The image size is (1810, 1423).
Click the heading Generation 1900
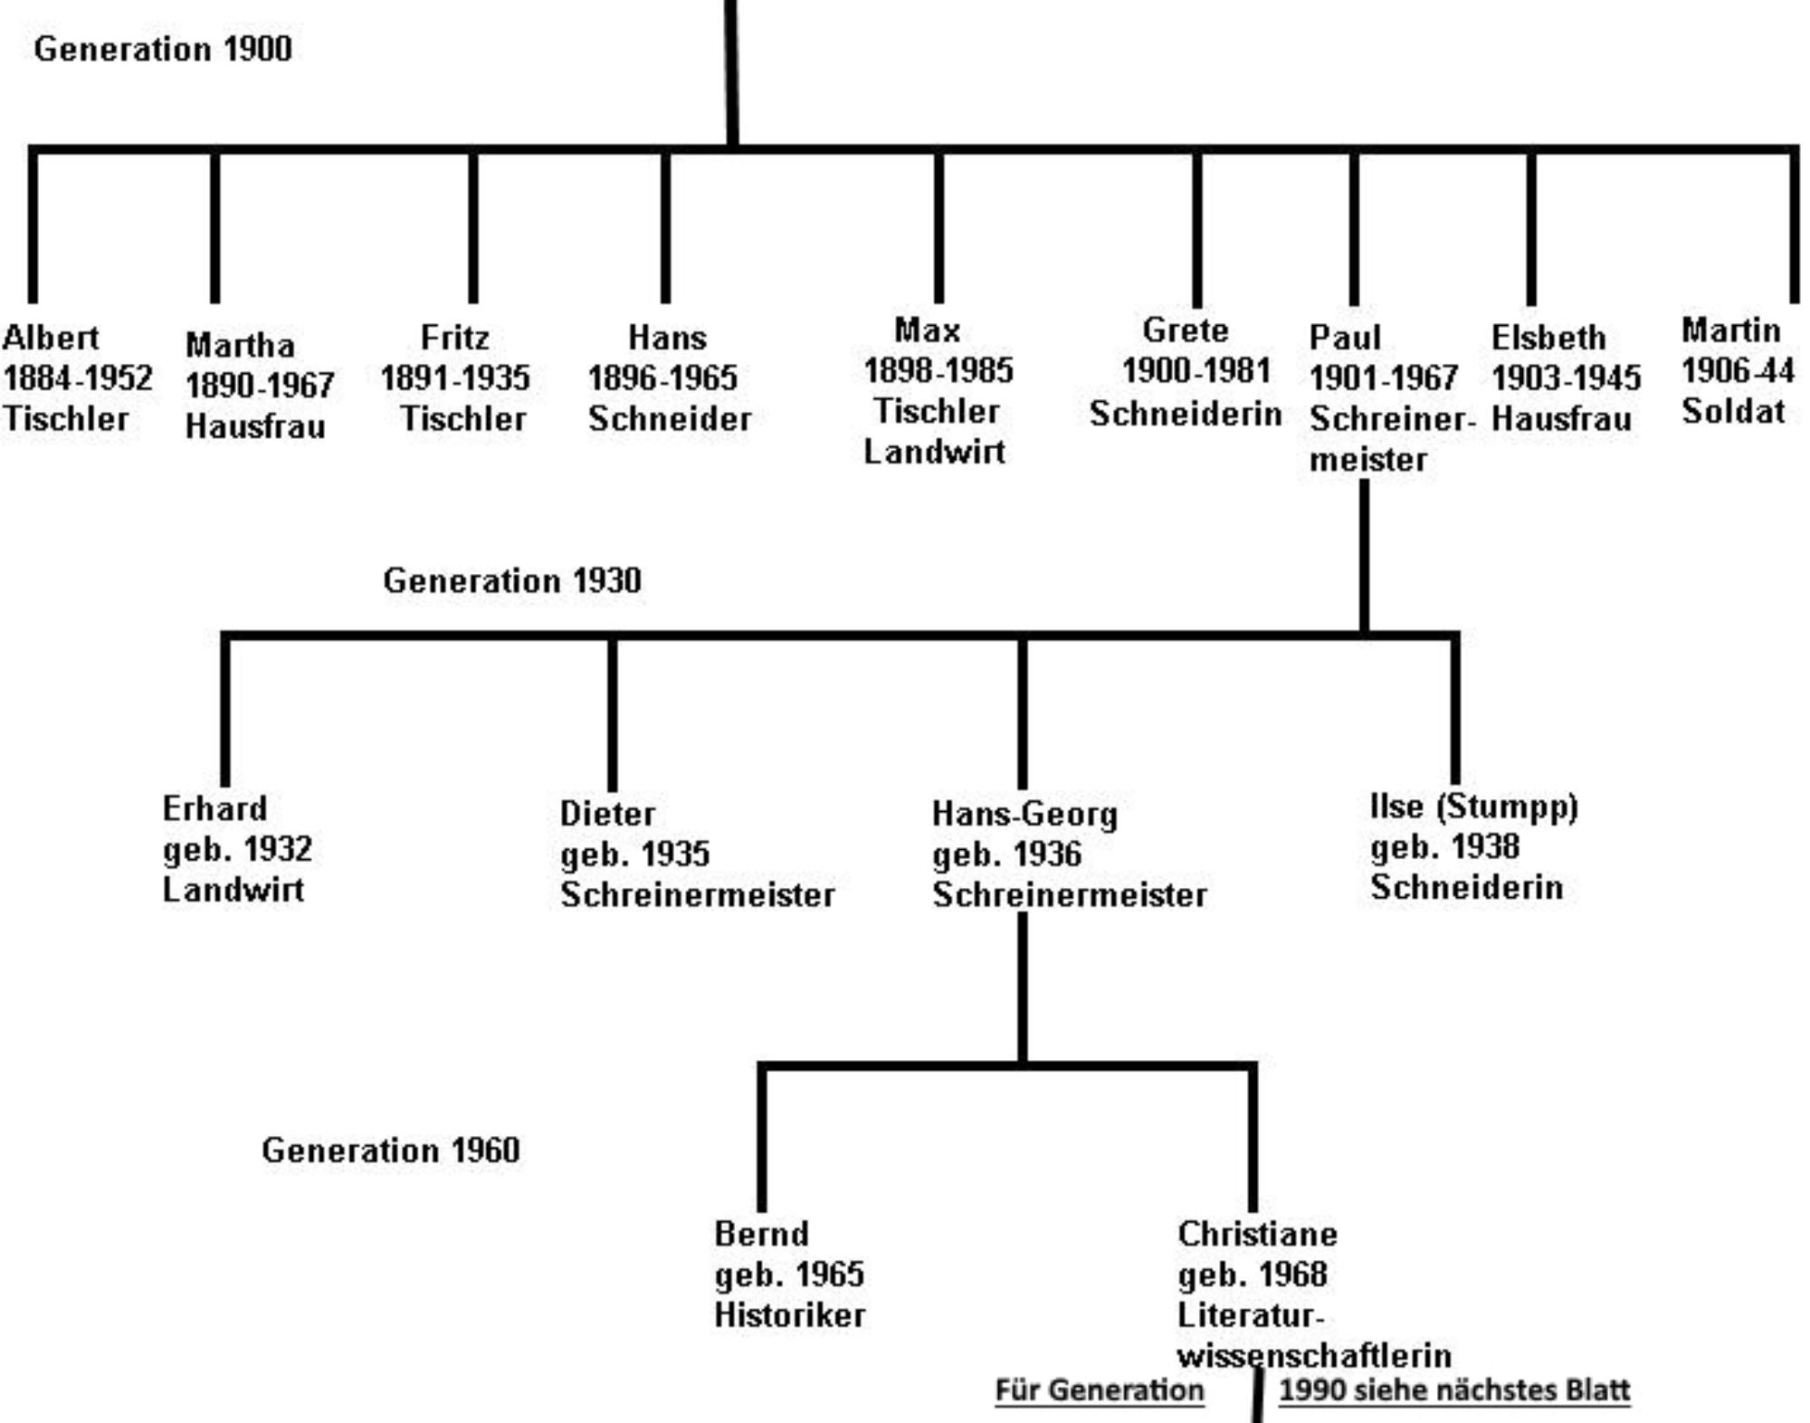(x=163, y=49)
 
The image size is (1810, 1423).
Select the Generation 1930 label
(x=512, y=580)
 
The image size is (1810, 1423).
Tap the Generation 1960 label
(x=391, y=1151)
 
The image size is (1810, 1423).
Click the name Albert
(x=51, y=338)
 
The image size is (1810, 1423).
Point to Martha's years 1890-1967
(x=260, y=386)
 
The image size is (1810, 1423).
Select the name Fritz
(x=455, y=338)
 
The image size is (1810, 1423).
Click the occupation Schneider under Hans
(x=670, y=418)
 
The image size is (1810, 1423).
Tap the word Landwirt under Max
(x=934, y=451)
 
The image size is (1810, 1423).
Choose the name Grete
(x=1186, y=330)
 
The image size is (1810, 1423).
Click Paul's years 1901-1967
(x=1384, y=377)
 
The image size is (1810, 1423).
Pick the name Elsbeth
(x=1548, y=338)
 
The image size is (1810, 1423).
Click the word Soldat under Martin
(x=1733, y=411)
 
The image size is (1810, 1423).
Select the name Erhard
(x=214, y=808)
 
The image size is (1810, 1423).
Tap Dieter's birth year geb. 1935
(x=635, y=854)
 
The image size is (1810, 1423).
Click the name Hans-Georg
(x=1025, y=814)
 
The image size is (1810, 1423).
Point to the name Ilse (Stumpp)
(x=1474, y=806)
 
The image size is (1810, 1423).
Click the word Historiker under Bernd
(x=790, y=1314)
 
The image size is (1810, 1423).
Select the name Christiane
(x=1258, y=1234)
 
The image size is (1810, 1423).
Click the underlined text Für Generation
(x=1100, y=1390)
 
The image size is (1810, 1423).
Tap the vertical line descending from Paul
(x=1365, y=555)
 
